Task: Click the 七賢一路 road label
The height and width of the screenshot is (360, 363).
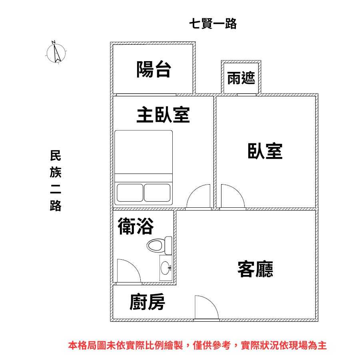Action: coord(213,24)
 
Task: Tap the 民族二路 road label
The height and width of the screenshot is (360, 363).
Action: coord(56,181)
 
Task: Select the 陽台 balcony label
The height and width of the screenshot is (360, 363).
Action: coord(154,70)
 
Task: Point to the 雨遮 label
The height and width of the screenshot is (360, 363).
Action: coord(241,78)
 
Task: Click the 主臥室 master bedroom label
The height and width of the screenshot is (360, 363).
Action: coord(163,115)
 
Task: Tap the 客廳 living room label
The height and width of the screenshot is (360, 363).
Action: coord(255,269)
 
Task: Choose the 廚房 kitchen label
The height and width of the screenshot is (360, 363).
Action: coord(147,302)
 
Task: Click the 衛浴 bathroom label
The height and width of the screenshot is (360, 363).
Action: coord(136,226)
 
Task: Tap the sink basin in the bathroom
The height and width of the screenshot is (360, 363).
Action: coord(165,268)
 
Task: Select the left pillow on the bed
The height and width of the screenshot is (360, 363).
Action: coord(130,193)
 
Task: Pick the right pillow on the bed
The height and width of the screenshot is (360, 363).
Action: coord(157,193)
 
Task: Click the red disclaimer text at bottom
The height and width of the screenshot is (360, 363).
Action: coord(197,346)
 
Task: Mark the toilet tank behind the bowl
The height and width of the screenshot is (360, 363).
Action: coord(168,245)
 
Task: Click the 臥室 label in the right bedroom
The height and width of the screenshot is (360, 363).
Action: coord(265,151)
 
